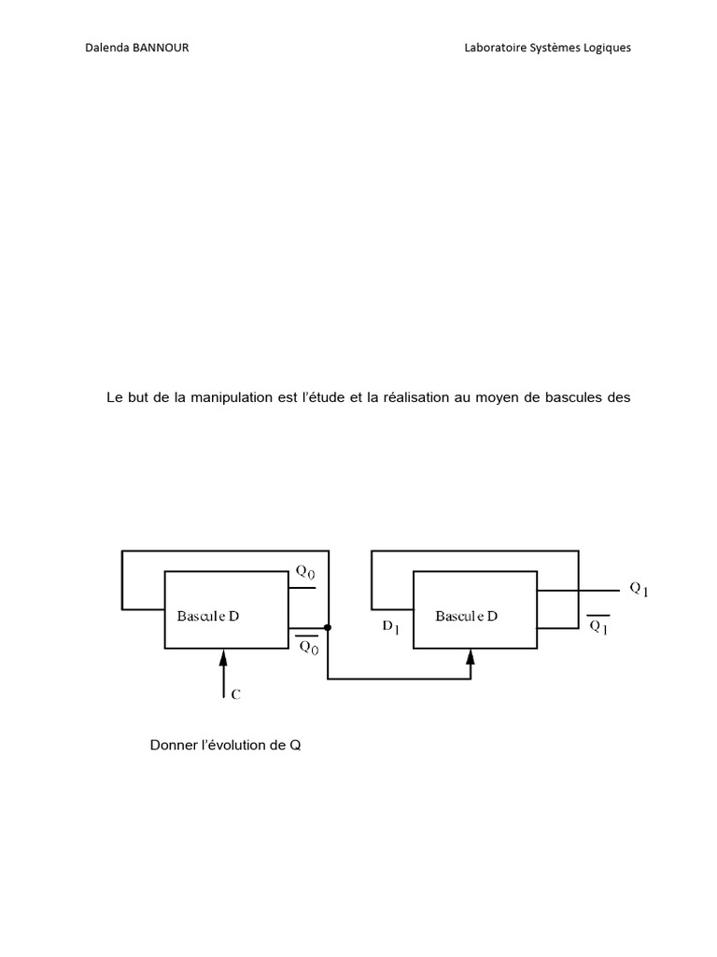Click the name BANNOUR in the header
click(161, 48)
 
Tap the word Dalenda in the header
click(106, 48)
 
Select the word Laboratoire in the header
click(495, 48)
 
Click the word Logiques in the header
click(607, 49)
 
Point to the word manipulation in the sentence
click(232, 398)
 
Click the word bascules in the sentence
click(570, 397)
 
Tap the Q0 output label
click(305, 572)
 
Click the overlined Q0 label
click(309, 646)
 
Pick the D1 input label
click(391, 627)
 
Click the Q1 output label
click(639, 590)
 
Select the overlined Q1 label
click(598, 625)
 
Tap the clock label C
click(236, 694)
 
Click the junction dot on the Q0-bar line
click(328, 627)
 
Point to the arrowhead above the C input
click(223, 657)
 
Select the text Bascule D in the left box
click(208, 616)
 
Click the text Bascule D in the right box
click(467, 616)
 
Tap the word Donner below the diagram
click(174, 745)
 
